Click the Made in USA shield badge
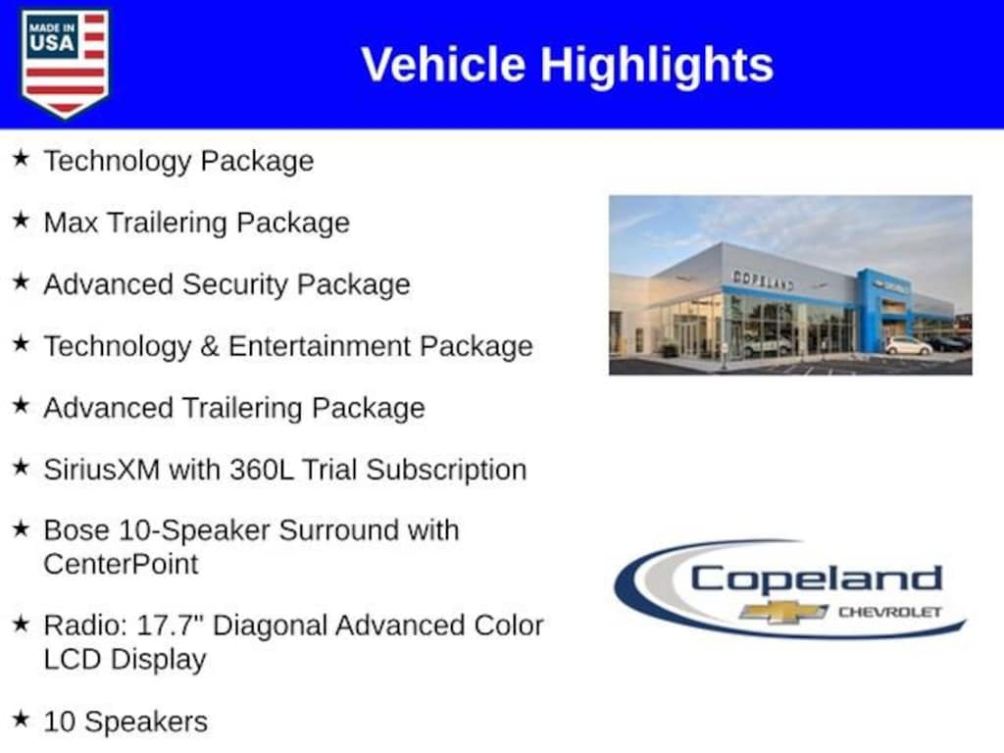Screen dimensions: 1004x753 [65, 63]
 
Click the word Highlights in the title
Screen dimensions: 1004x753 [657, 65]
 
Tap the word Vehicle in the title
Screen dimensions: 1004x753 [444, 64]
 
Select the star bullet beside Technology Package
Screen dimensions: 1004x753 [22, 158]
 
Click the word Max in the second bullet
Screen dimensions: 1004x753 [71, 223]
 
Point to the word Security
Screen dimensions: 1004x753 [235, 285]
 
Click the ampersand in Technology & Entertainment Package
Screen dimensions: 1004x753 [210, 346]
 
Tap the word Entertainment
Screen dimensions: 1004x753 [320, 346]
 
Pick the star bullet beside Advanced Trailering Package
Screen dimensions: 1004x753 [22, 405]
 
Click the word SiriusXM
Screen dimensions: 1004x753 [102, 470]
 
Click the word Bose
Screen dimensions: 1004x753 [76, 530]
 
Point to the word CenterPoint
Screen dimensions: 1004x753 [121, 565]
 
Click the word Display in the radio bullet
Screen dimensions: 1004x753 [158, 660]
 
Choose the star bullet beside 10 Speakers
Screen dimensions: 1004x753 [22, 719]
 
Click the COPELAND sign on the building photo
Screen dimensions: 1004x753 [763, 280]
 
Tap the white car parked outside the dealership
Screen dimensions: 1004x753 [908, 346]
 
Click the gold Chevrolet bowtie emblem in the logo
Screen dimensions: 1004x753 [783, 612]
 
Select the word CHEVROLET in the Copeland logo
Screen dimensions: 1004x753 [890, 612]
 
